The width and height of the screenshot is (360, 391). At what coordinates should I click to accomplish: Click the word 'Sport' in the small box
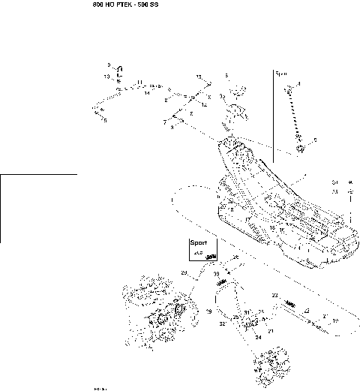pyautogui.click(x=198, y=244)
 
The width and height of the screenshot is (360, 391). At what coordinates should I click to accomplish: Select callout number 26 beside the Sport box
pyautogui.click(x=235, y=257)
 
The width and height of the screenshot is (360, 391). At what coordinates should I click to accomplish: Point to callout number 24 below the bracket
pyautogui.click(x=258, y=337)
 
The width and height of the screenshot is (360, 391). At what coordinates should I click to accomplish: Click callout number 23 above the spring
pyautogui.click(x=274, y=295)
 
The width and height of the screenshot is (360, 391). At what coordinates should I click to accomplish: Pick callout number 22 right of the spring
pyautogui.click(x=306, y=309)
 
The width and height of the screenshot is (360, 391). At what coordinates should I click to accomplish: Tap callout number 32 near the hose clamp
pyautogui.click(x=222, y=323)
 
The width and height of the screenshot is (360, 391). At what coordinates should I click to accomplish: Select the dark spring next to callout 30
pyautogui.click(x=221, y=282)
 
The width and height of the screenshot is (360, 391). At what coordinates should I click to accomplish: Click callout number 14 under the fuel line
pyautogui.click(x=147, y=94)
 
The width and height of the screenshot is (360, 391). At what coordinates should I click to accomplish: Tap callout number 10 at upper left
pyautogui.click(x=106, y=77)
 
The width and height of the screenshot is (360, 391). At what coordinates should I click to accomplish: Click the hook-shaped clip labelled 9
pyautogui.click(x=117, y=70)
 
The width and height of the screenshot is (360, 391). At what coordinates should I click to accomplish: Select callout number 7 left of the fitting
pyautogui.click(x=164, y=121)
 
